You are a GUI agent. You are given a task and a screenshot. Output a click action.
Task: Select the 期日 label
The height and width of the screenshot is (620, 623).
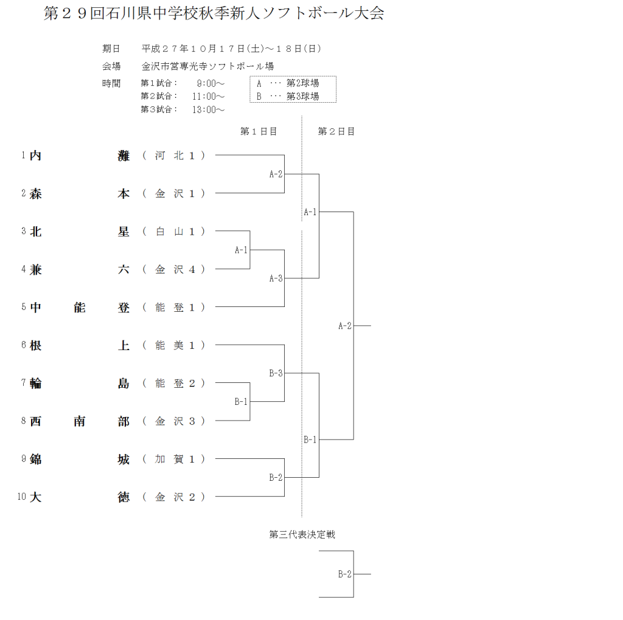point(111,49)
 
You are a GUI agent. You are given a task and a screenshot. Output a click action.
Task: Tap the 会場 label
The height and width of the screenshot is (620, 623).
point(111,66)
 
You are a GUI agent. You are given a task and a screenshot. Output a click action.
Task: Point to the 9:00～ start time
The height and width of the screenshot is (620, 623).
point(211,83)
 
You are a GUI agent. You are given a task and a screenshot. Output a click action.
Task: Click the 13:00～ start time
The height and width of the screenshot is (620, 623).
point(209,109)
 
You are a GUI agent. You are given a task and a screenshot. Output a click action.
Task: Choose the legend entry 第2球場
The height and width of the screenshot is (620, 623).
point(302,83)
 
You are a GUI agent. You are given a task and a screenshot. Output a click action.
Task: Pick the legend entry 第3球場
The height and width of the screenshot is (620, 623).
point(302,96)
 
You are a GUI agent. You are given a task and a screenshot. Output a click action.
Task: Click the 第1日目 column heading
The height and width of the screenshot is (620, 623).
point(259,131)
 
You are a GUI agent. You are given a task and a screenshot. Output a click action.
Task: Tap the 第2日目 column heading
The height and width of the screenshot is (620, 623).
point(336,131)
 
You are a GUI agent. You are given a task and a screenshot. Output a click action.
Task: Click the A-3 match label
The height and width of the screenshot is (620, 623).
point(276,278)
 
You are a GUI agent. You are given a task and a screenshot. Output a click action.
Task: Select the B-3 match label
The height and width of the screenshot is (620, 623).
point(276,373)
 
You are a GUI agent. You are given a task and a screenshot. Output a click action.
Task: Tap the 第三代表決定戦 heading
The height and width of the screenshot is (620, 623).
point(302,535)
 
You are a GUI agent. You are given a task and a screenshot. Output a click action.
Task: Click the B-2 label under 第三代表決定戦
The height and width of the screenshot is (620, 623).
point(345,574)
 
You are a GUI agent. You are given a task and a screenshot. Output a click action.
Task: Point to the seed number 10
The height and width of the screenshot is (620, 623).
point(21,497)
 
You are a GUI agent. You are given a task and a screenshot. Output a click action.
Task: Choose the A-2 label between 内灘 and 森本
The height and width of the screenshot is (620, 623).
point(276,174)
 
